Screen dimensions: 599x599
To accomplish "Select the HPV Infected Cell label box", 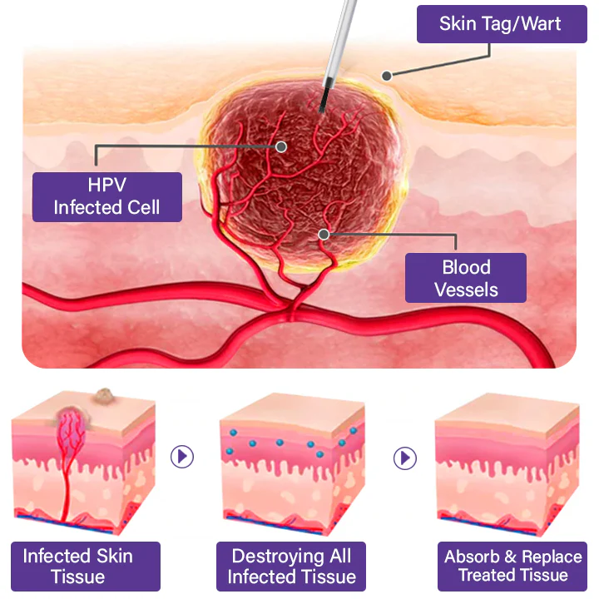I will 106,196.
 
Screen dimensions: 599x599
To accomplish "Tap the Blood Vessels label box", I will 465,278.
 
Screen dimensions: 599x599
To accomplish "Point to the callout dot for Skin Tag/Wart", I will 387,76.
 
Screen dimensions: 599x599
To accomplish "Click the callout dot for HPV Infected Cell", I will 282,146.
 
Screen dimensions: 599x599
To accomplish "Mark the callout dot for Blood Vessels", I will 324,235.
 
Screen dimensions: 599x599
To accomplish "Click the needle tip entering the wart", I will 320,108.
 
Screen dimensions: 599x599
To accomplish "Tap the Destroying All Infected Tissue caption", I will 291,567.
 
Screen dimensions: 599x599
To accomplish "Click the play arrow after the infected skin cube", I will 181,456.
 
